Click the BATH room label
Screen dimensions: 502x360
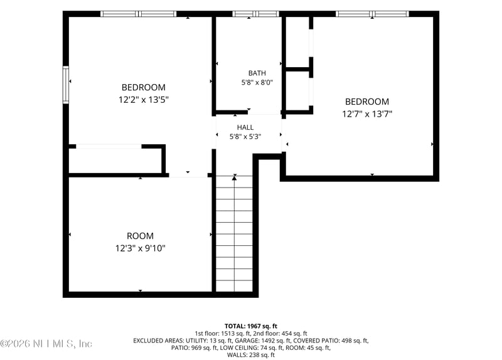click(257, 73)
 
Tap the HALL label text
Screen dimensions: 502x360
click(245, 127)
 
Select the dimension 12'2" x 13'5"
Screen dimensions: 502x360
click(144, 100)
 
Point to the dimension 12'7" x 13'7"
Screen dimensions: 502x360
click(367, 114)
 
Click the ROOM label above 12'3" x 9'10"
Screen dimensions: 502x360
click(140, 236)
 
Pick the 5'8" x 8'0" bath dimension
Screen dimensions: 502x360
click(257, 83)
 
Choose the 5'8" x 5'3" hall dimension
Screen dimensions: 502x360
click(245, 137)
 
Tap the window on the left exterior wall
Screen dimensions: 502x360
click(66, 85)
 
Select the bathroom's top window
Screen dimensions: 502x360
click(255, 14)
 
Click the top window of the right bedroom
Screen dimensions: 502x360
click(372, 14)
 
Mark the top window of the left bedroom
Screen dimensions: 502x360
click(138, 14)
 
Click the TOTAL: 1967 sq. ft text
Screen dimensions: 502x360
click(251, 326)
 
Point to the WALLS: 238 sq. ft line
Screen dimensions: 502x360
click(251, 354)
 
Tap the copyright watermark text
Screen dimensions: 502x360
click(46, 344)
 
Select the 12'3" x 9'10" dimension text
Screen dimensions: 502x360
click(140, 248)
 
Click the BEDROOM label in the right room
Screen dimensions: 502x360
click(367, 102)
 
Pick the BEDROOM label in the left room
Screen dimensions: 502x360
click(144, 87)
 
